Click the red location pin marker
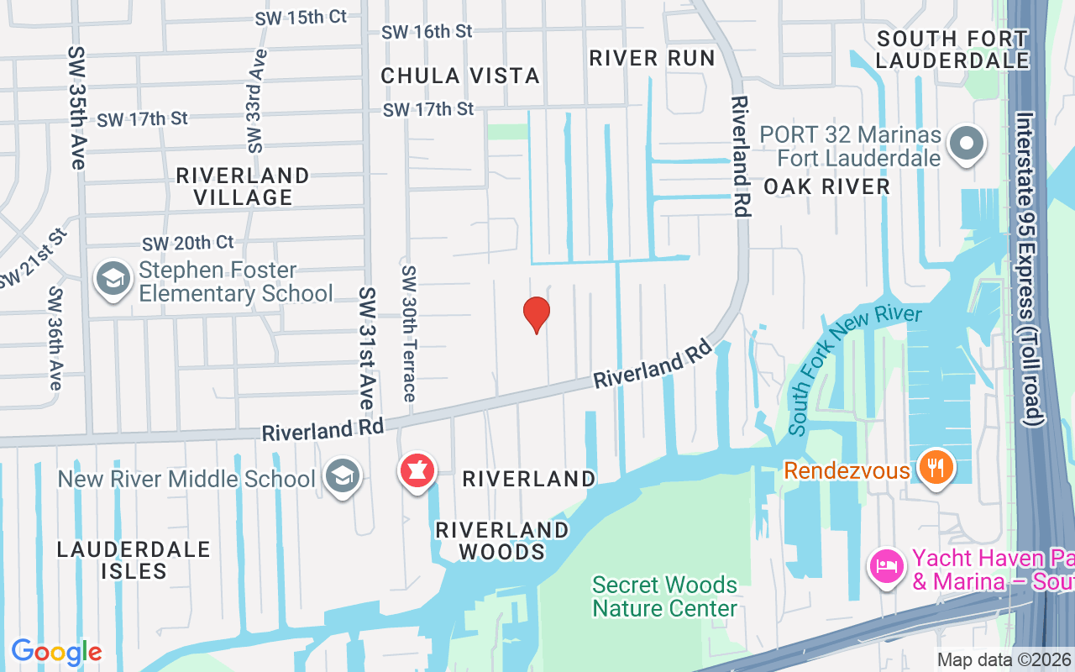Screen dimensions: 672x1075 click(537, 314)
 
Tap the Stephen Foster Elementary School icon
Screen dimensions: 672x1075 click(113, 281)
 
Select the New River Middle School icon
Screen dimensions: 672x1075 click(343, 477)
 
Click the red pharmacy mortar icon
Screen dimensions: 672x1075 click(417, 471)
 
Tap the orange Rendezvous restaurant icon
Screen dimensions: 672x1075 click(934, 467)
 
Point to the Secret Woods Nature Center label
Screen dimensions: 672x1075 click(664, 596)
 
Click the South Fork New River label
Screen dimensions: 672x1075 click(854, 370)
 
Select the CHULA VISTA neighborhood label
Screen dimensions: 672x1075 click(460, 76)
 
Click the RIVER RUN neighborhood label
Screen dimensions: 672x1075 click(652, 58)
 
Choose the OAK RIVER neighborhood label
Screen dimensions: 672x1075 click(826, 186)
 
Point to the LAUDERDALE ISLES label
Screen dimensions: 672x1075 click(134, 560)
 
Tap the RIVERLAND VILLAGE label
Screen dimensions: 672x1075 click(243, 186)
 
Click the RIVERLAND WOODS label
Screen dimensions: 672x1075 click(502, 541)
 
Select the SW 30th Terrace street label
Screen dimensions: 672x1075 click(409, 333)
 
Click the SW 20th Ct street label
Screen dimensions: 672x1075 click(188, 243)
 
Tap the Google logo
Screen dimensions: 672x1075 click(56, 652)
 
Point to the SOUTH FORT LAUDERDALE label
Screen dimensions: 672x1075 click(952, 50)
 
